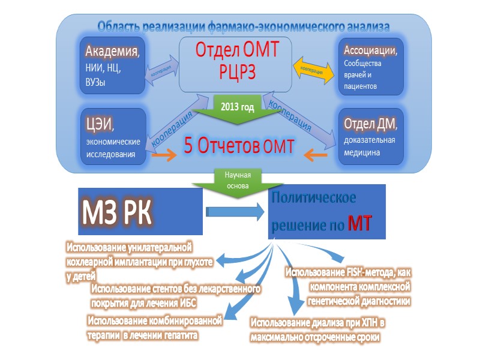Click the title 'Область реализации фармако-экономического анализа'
pos(244,26)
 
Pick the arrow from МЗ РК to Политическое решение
pos(234,211)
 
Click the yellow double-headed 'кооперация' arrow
pos(315,69)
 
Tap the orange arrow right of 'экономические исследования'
pos(163,155)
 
